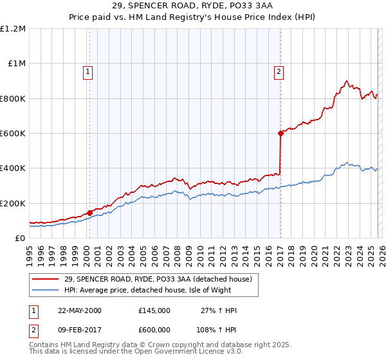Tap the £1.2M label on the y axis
coord(14,29)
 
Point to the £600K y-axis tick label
coord(13,134)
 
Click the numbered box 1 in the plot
coord(87,72)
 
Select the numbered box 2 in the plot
coord(279,72)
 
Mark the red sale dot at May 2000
coord(90,213)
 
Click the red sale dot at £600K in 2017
coord(280,133)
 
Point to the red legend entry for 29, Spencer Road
coord(161,279)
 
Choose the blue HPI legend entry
coord(161,290)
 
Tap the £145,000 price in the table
coord(154,310)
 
